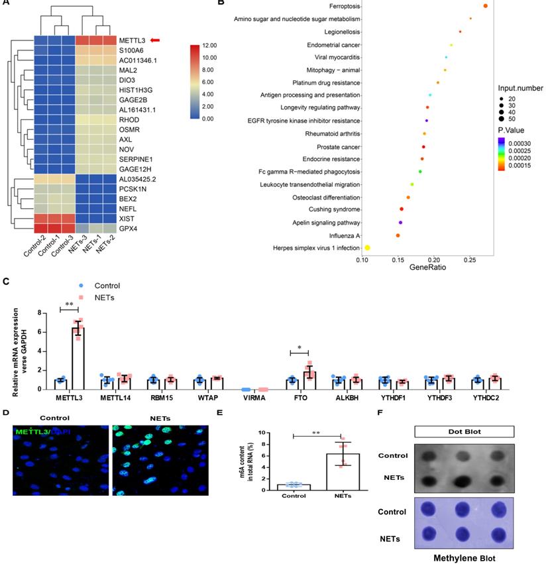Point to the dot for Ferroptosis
click(x=485, y=7)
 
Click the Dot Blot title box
click(x=464, y=431)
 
